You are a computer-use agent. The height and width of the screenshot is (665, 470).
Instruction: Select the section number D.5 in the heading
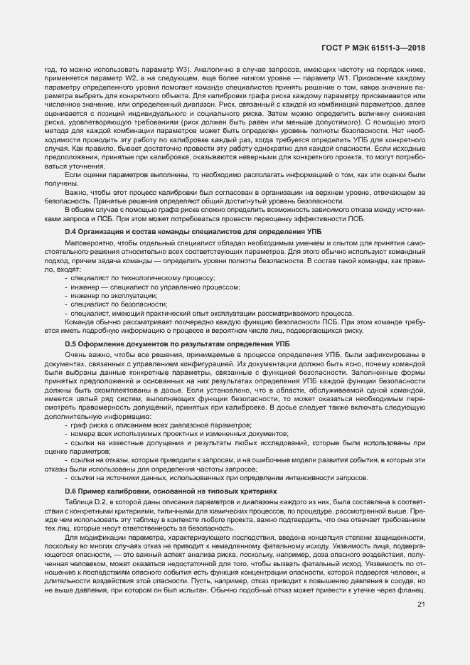[70, 344]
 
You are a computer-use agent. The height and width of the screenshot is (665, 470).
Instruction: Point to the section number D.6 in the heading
[70, 491]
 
